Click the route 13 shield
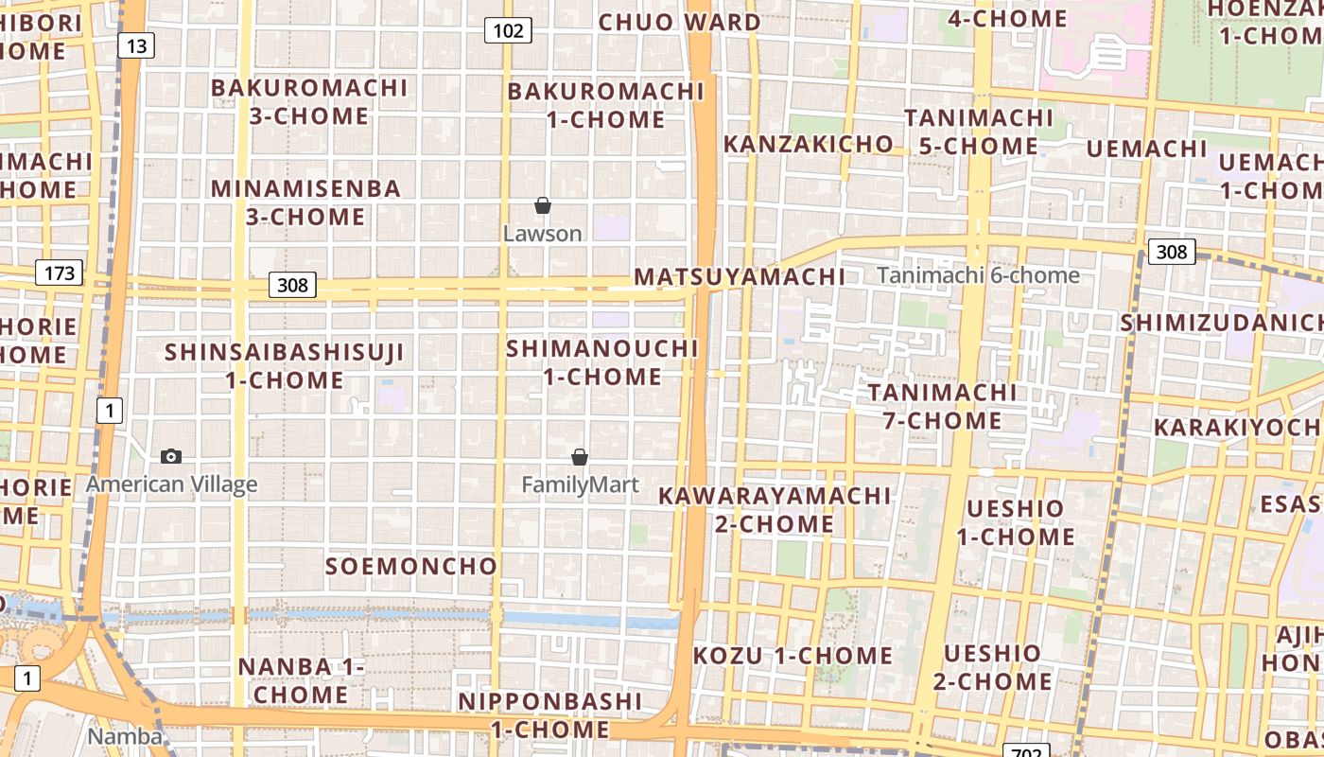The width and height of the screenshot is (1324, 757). pyautogui.click(x=136, y=44)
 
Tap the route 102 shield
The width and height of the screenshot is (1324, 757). pyautogui.click(x=508, y=30)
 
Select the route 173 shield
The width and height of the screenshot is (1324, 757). pyautogui.click(x=60, y=273)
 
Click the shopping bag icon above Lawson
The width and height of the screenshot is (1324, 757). pyautogui.click(x=543, y=205)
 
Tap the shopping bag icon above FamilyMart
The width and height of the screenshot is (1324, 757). pyautogui.click(x=580, y=457)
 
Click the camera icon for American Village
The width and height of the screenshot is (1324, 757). pyautogui.click(x=171, y=456)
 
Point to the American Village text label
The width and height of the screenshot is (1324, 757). pyautogui.click(x=171, y=484)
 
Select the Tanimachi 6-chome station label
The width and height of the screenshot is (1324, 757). pyautogui.click(x=978, y=275)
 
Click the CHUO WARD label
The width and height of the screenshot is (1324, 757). pyautogui.click(x=679, y=22)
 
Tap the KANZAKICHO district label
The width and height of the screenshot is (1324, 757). pyautogui.click(x=809, y=144)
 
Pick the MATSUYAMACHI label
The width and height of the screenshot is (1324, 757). pyautogui.click(x=740, y=277)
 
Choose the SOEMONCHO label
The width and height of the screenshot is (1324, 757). pyautogui.click(x=411, y=566)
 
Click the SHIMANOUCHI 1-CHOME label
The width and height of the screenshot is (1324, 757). pyautogui.click(x=602, y=362)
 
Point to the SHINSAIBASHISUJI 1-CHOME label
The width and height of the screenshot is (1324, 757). pyautogui.click(x=285, y=366)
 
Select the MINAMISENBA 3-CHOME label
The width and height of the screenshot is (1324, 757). pyautogui.click(x=305, y=202)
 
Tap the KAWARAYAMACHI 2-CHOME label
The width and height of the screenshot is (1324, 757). pyautogui.click(x=775, y=510)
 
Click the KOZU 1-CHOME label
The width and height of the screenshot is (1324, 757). pyautogui.click(x=793, y=656)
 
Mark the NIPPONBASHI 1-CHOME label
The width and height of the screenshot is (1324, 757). pyautogui.click(x=549, y=715)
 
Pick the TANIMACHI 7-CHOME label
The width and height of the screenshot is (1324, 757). pyautogui.click(x=942, y=406)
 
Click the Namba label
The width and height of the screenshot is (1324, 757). pyautogui.click(x=124, y=736)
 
